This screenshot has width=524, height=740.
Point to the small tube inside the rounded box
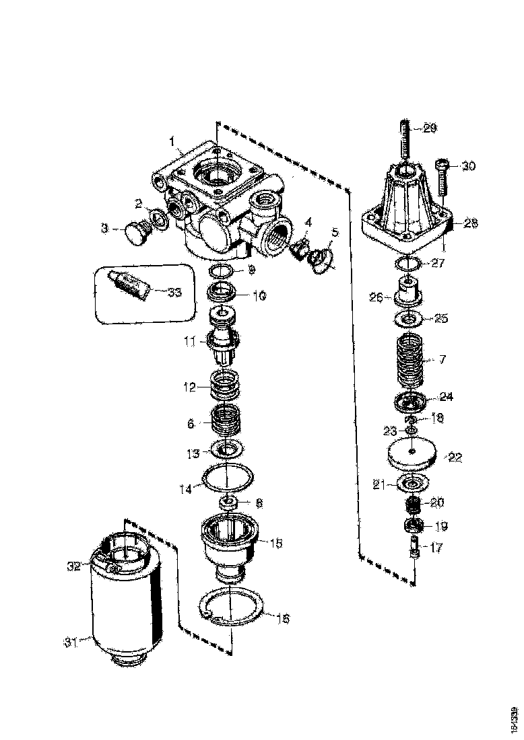pyautogui.click(x=127, y=285)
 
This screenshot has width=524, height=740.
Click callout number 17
pyautogui.click(x=436, y=548)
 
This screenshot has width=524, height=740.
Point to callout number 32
pyautogui.click(x=74, y=566)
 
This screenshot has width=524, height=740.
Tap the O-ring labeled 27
pyautogui.click(x=408, y=263)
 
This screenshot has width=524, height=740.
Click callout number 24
pyautogui.click(x=446, y=396)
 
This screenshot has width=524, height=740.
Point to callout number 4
pyautogui.click(x=307, y=223)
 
